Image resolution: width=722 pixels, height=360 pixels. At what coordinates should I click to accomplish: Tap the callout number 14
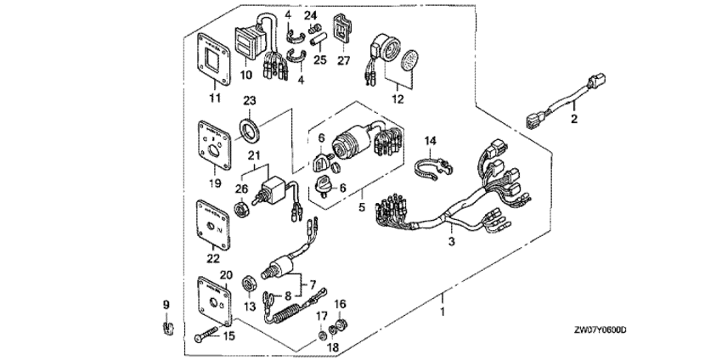(x=429, y=140)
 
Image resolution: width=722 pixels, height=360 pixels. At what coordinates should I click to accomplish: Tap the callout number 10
(x=247, y=75)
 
